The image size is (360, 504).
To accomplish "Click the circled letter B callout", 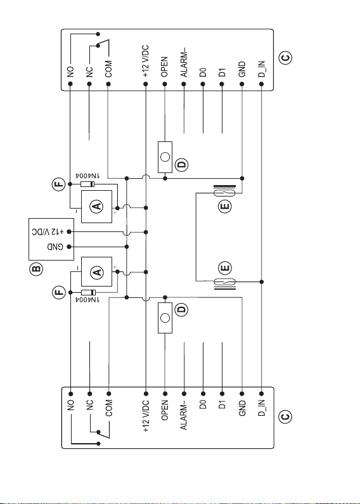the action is [x=36, y=269].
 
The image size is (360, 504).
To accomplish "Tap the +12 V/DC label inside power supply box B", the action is [x=48, y=231].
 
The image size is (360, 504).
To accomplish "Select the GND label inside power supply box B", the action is [x=55, y=247].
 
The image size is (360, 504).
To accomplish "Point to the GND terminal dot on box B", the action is [x=69, y=247].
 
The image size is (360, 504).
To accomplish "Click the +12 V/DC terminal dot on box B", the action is [x=69, y=231].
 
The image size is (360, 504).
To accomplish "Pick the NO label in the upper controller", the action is [x=70, y=72].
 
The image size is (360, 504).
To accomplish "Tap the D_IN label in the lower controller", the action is [x=262, y=408].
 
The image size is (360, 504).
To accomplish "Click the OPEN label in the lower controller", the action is [x=165, y=410].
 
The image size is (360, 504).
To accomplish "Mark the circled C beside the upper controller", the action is [x=285, y=58].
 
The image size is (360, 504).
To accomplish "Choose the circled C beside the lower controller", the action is [x=285, y=417].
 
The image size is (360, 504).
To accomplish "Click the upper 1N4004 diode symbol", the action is [x=87, y=184].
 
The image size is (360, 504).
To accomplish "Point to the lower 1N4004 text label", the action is [x=87, y=300].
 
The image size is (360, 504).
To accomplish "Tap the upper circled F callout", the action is [x=59, y=184].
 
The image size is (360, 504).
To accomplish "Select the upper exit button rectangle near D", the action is [x=165, y=157].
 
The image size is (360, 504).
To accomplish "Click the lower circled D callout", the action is [x=182, y=310].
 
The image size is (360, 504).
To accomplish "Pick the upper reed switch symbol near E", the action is [x=225, y=193].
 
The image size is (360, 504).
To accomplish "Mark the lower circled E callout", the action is [x=225, y=268].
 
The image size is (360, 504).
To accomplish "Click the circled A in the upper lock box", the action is [x=97, y=206].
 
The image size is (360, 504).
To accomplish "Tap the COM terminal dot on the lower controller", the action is [x=108, y=394].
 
